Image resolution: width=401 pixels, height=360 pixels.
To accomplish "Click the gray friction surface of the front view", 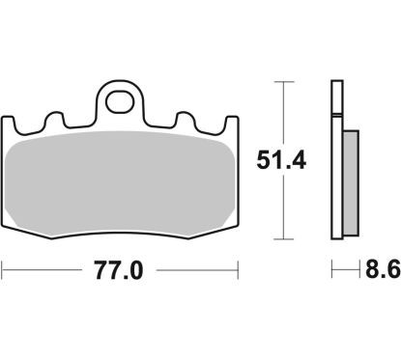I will coord(121,183).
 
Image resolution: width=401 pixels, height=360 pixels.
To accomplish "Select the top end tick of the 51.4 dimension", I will coord(282,82).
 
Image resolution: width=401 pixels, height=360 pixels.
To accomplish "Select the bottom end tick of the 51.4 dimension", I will coord(282,237).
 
